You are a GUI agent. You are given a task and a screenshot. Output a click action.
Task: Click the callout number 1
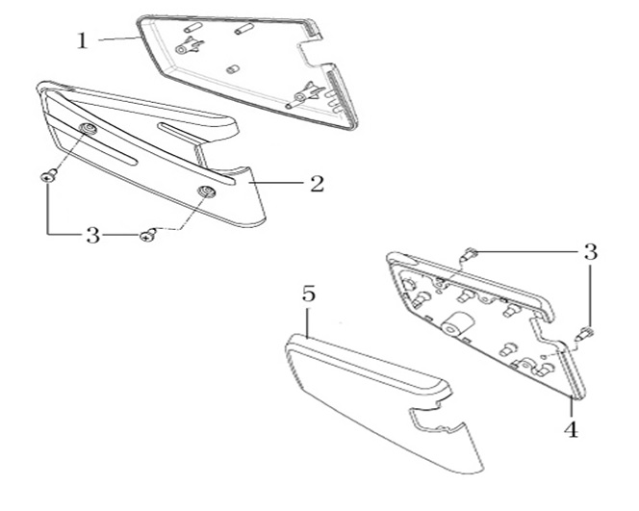(83, 40)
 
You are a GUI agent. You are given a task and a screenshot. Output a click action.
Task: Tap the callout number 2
(316, 184)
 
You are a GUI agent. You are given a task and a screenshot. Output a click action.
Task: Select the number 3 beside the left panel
(92, 235)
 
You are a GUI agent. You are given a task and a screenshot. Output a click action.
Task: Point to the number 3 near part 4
(590, 252)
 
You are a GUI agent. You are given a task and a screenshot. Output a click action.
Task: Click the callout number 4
(572, 430)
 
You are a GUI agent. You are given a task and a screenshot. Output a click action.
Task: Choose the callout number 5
(308, 294)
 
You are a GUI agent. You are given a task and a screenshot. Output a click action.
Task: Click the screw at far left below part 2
(48, 176)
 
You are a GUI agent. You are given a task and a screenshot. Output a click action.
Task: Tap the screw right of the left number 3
(147, 236)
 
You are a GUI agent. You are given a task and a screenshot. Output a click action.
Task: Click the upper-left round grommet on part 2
(89, 130)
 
